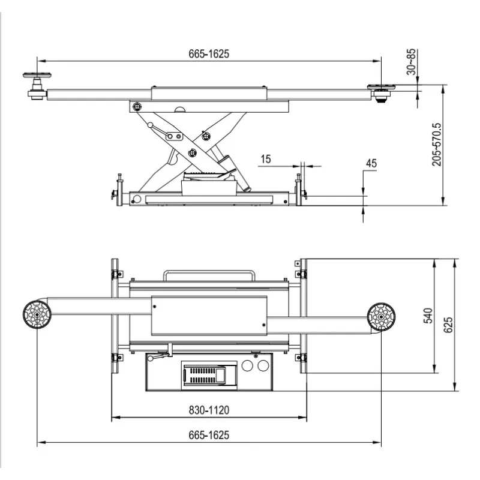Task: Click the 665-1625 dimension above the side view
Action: click(209, 54)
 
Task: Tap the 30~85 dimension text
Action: click(412, 62)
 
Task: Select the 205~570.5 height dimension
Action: click(437, 145)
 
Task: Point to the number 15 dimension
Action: click(266, 159)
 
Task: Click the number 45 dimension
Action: click(371, 163)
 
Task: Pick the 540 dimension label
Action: click(428, 316)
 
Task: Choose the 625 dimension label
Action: click(448, 325)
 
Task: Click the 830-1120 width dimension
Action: click(209, 410)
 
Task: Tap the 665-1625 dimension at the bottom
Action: click(209, 435)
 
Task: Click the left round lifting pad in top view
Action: click(37, 314)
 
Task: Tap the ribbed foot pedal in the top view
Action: click(209, 376)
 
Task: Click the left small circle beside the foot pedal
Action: click(247, 365)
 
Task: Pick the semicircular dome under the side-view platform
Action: click(180, 110)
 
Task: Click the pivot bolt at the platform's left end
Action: click(137, 107)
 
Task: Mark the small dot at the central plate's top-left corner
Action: click(155, 307)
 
